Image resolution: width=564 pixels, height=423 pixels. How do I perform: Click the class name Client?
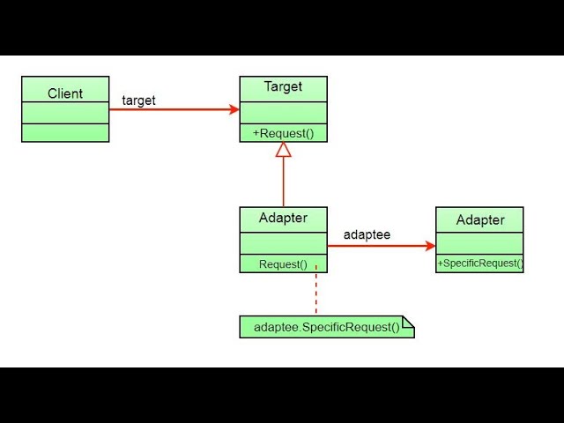[x=65, y=93]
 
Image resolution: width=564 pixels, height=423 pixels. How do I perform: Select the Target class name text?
[x=283, y=86]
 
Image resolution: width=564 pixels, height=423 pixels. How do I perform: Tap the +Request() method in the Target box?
[x=283, y=133]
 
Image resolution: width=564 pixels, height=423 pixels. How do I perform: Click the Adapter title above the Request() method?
[x=283, y=218]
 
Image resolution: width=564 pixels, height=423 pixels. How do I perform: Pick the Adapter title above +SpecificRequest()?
[x=480, y=219]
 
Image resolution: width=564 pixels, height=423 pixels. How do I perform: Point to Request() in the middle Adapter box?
[x=283, y=263]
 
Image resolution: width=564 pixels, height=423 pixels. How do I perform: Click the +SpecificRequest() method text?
[x=480, y=263]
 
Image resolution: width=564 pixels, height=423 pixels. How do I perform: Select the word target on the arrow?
[x=138, y=100]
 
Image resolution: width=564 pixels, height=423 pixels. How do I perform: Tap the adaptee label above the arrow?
[x=367, y=235]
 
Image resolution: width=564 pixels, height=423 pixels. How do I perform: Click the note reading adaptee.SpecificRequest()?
[x=326, y=328]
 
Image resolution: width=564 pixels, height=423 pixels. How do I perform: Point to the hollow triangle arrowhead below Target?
[x=283, y=150]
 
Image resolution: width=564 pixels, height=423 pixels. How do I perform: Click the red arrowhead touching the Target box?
[x=234, y=110]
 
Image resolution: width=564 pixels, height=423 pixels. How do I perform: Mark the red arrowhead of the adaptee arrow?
[x=430, y=247]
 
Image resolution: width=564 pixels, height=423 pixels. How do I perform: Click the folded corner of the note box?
[x=409, y=322]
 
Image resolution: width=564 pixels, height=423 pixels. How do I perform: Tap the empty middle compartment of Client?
[x=65, y=113]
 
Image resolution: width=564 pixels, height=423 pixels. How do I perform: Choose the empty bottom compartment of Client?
[x=65, y=133]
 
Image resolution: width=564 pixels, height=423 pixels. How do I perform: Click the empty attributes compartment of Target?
[x=283, y=113]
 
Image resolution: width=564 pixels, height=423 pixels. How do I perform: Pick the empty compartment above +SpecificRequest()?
[x=480, y=243]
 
